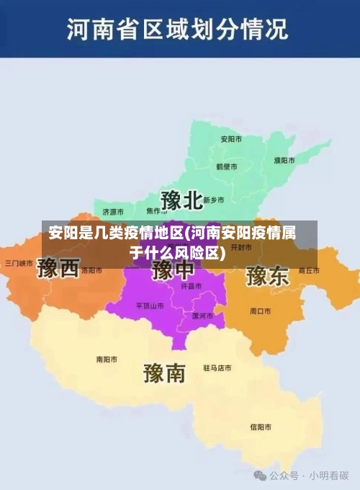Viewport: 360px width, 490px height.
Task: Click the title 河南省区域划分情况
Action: point(178,30)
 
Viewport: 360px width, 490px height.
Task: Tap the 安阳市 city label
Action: point(230,138)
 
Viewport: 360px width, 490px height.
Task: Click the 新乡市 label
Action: point(214,200)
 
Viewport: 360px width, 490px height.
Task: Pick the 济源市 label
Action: point(113,212)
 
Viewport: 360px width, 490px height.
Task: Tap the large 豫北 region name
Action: point(181,200)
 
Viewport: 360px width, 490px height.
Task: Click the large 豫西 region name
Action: point(58,269)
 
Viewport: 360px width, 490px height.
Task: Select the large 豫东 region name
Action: point(267,275)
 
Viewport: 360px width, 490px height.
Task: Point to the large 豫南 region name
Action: point(165,373)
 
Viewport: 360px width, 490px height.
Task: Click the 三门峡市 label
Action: point(19,263)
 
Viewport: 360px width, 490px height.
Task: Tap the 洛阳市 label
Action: point(91,271)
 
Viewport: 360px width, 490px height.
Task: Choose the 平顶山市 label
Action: point(150,306)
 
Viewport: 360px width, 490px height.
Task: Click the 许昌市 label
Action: point(191,286)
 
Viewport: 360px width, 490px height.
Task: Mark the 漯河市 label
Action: point(202,316)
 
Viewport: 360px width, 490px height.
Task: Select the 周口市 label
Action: point(260,311)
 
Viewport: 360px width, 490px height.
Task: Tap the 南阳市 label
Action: point(107,359)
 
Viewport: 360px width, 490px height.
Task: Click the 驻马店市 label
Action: point(217,367)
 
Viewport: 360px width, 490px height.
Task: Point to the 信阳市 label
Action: point(261,427)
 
